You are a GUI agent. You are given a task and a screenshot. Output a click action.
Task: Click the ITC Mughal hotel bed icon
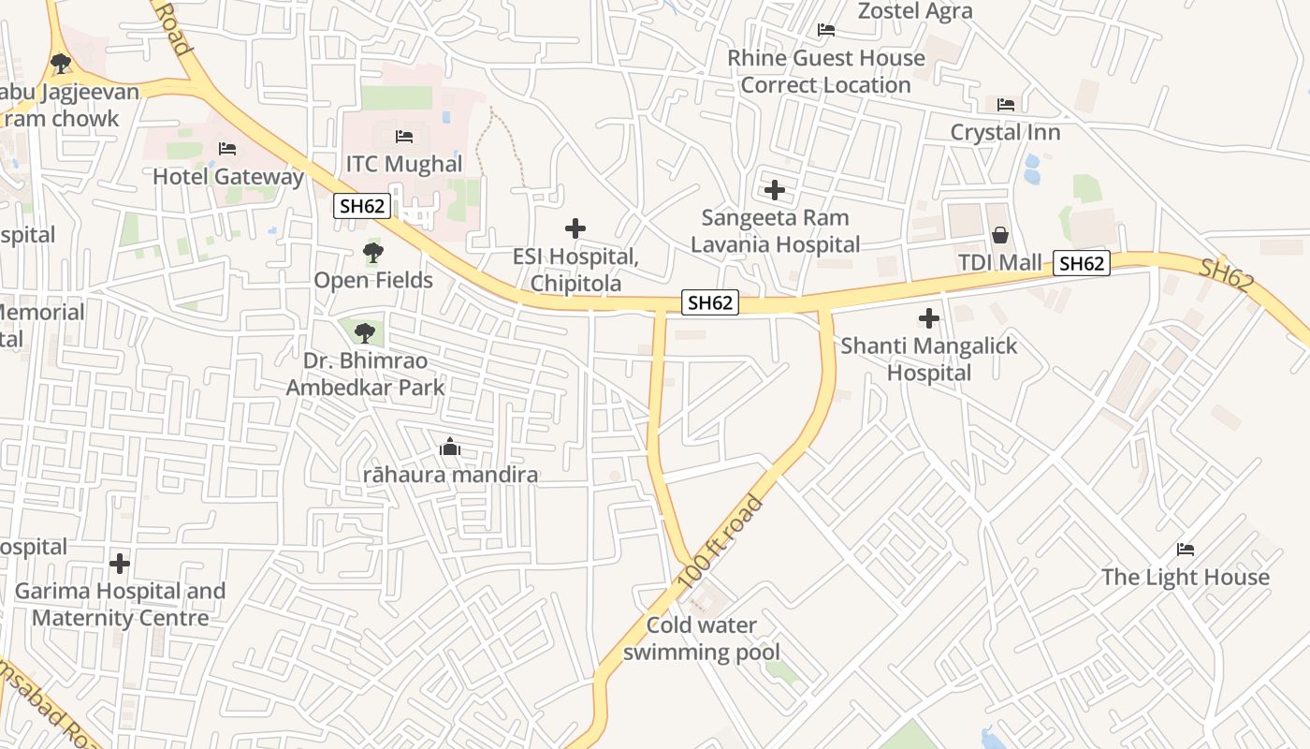coord(404,137)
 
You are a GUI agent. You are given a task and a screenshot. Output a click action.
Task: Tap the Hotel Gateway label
coord(228,176)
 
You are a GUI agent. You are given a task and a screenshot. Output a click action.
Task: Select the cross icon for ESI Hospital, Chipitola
coord(575,228)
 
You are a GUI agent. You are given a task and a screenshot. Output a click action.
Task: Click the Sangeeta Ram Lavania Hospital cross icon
coord(775,190)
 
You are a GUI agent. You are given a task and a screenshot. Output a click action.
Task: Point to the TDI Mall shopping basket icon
coord(1000,234)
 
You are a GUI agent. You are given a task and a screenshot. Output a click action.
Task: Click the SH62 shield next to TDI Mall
coord(1082,263)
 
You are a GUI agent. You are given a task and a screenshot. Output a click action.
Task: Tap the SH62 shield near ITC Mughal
coord(362,206)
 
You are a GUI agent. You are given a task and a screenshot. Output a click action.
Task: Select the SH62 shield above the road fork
coord(709,301)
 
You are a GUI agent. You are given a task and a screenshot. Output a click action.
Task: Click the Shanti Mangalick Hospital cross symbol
coord(928,318)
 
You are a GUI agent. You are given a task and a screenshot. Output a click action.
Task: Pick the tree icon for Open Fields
coord(373,253)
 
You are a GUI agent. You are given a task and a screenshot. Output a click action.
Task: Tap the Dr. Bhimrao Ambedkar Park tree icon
coord(365,332)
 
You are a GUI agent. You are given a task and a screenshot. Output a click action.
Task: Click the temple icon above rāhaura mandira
coord(450,448)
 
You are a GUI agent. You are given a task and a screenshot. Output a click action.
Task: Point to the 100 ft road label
coord(720,543)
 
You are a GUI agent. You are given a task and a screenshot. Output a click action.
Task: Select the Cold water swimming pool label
coord(702,639)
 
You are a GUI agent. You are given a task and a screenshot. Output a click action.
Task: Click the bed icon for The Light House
coord(1186,549)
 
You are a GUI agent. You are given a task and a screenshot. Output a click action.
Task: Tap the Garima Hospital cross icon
coord(120,564)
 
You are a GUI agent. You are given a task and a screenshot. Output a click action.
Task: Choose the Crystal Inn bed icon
coord(1006,104)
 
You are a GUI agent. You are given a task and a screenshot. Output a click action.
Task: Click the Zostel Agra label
coord(915,11)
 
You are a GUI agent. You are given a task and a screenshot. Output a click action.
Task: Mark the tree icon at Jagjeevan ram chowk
coord(61,64)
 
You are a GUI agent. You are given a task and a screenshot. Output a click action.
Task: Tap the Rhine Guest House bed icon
coord(826,30)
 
